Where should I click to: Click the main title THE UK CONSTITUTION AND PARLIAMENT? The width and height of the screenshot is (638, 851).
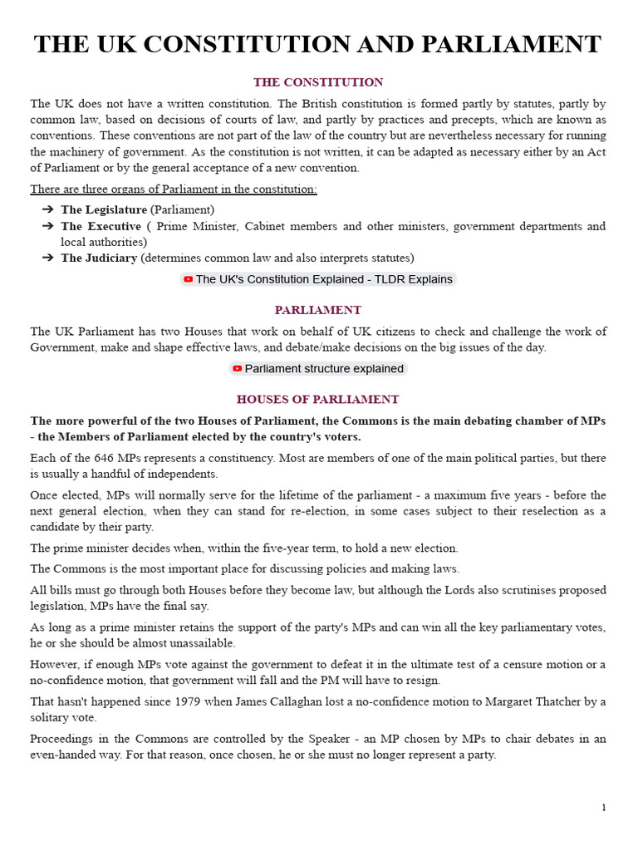coord(318,44)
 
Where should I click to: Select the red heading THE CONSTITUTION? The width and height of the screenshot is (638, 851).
coord(318,82)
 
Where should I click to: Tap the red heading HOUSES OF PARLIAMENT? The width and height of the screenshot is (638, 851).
coord(318,399)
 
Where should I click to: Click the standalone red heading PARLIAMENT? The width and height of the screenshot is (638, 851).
coord(318,310)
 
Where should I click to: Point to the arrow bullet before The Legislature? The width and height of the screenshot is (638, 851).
coord(47,209)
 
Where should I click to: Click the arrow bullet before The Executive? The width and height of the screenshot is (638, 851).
coord(47,226)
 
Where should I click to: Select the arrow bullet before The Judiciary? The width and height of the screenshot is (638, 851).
coord(47,258)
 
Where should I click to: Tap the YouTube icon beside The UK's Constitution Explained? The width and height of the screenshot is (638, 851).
coord(189,280)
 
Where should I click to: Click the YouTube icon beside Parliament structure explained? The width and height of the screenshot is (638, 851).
coord(238,369)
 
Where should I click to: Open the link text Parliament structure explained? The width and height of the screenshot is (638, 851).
coord(324,369)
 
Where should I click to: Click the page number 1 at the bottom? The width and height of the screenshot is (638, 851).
coord(604,808)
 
